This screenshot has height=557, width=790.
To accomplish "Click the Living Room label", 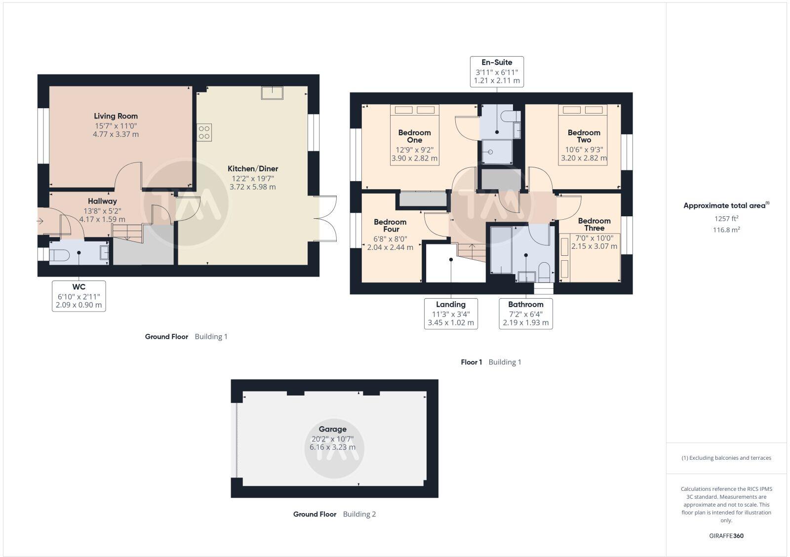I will [116, 116].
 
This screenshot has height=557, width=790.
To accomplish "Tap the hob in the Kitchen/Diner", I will [204, 132].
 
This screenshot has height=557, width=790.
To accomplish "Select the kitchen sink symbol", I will [272, 93].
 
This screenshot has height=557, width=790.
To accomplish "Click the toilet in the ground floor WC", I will [59, 255].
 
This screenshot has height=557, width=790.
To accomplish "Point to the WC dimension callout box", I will [79, 296].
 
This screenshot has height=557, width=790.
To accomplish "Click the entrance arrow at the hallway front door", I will [40, 221].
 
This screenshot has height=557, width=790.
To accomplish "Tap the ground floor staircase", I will [127, 233].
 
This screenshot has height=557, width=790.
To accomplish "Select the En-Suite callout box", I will [497, 71].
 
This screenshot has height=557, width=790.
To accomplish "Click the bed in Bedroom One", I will [414, 134].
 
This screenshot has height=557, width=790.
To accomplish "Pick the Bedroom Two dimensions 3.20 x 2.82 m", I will [584, 159].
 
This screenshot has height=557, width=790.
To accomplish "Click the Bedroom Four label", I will [390, 225].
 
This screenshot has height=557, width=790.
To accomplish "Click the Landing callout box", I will [450, 314].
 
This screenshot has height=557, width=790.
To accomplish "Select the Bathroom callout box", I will [525, 314].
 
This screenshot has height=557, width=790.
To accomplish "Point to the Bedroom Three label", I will [594, 224].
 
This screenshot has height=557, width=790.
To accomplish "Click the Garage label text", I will [332, 429].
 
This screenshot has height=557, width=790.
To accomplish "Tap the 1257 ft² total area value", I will [726, 218].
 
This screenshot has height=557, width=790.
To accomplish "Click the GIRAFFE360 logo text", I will [726, 536].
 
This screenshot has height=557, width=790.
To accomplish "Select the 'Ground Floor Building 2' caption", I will [334, 514].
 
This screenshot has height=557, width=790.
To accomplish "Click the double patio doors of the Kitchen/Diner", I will [327, 219].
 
